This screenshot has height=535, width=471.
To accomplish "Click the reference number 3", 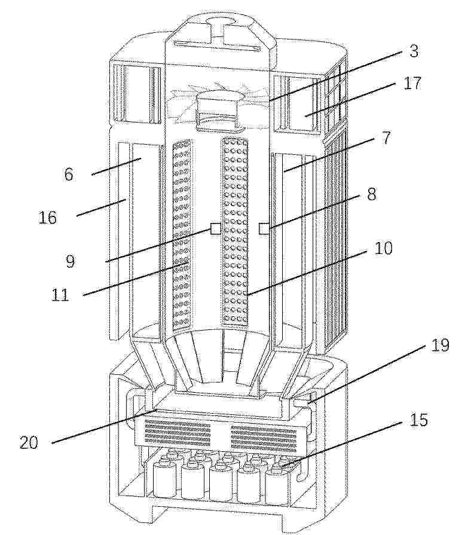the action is (x=414, y=51).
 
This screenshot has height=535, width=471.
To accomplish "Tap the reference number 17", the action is (x=412, y=83).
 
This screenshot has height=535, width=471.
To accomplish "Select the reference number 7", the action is (x=386, y=138).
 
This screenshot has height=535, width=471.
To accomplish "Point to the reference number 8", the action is (x=371, y=194).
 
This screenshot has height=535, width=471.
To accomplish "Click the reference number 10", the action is (x=383, y=249).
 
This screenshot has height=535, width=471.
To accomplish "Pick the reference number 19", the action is (x=440, y=346).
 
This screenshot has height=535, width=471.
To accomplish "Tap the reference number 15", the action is (x=419, y=420).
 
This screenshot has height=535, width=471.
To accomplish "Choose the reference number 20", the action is (x=29, y=443).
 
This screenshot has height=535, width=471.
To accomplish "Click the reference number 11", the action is (x=60, y=295).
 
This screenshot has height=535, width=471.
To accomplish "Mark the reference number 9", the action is (x=69, y=261).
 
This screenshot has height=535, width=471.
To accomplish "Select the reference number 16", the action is (x=47, y=218).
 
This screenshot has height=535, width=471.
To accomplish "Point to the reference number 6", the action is (x=69, y=175).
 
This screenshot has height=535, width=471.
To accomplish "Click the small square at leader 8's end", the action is (x=264, y=228).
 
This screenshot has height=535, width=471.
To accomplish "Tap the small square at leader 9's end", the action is (x=215, y=228).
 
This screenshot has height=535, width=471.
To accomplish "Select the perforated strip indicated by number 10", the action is (x=235, y=232).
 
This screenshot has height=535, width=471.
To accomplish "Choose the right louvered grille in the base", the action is (x=264, y=438).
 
